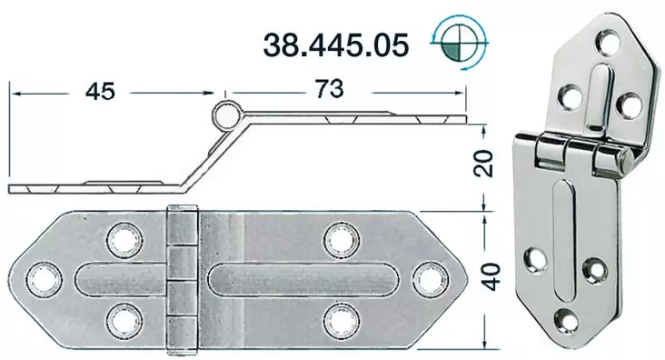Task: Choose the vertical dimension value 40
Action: [x=490, y=273]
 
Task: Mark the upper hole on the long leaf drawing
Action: [x=341, y=239]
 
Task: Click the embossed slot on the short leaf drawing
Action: [x=118, y=278]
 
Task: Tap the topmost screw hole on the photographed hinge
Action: [x=608, y=43]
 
